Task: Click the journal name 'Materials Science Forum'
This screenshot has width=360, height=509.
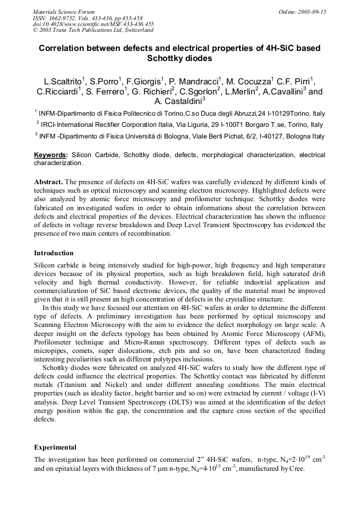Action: pos(64,12)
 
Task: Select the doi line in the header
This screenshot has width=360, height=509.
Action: pos(93,24)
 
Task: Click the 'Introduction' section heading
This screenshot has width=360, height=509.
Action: pos(54,253)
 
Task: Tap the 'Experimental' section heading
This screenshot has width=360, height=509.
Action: pos(55,447)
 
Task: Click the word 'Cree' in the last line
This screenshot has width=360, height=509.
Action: pos(295,469)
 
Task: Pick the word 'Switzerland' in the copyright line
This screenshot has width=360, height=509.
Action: pos(136,30)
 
